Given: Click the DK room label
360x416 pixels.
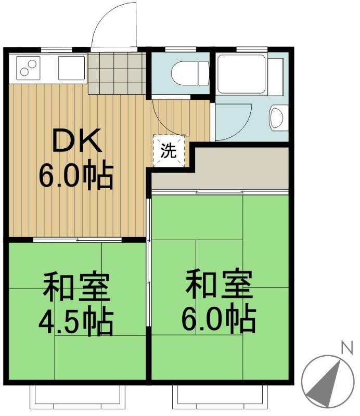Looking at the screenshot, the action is (x=78, y=140).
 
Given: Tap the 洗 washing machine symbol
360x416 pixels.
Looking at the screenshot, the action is (x=169, y=151).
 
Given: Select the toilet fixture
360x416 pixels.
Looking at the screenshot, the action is (x=190, y=73).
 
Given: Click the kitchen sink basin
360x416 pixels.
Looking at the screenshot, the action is (x=71, y=68).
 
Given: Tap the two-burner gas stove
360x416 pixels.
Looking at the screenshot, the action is (x=28, y=68).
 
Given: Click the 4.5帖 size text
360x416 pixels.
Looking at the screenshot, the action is (x=76, y=321).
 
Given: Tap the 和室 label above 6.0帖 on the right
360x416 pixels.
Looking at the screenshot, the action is (x=219, y=284).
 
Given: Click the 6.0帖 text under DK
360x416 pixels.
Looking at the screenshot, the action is (x=76, y=174).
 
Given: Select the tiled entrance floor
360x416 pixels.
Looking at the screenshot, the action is (x=117, y=73).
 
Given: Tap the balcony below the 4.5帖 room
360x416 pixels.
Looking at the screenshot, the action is (x=78, y=397).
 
